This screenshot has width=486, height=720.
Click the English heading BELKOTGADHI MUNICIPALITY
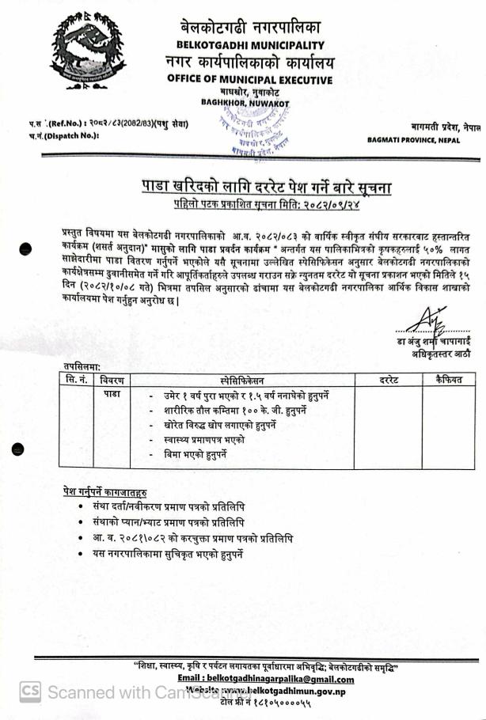pos(251,44)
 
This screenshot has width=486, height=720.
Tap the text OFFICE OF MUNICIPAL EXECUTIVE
pos(251,78)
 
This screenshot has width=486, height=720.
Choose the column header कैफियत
pos(446,381)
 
